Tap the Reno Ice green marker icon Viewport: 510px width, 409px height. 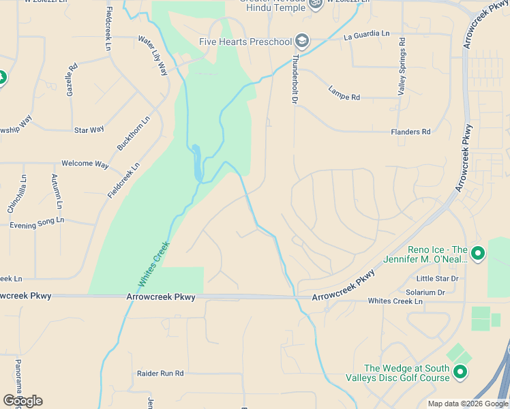click(x=477, y=254)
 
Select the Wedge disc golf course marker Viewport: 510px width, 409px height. click(x=460, y=372)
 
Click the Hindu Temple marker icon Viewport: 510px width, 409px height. click(x=315, y=4)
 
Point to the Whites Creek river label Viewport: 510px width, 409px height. click(x=153, y=264)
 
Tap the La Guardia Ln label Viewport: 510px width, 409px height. click(x=366, y=34)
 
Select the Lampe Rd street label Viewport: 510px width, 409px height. click(x=344, y=93)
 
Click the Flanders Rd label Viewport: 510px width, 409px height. click(x=410, y=132)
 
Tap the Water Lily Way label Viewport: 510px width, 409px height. click(x=153, y=55)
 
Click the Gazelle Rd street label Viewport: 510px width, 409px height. click(x=72, y=78)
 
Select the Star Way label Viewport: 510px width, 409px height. click(x=89, y=130)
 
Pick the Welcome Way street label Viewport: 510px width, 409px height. click(x=85, y=164)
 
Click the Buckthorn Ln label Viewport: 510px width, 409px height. click(x=133, y=134)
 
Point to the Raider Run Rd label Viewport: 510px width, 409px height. click(x=161, y=374)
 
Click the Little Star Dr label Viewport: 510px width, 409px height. click(x=437, y=279)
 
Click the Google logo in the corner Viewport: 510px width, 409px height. click(x=22, y=401)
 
